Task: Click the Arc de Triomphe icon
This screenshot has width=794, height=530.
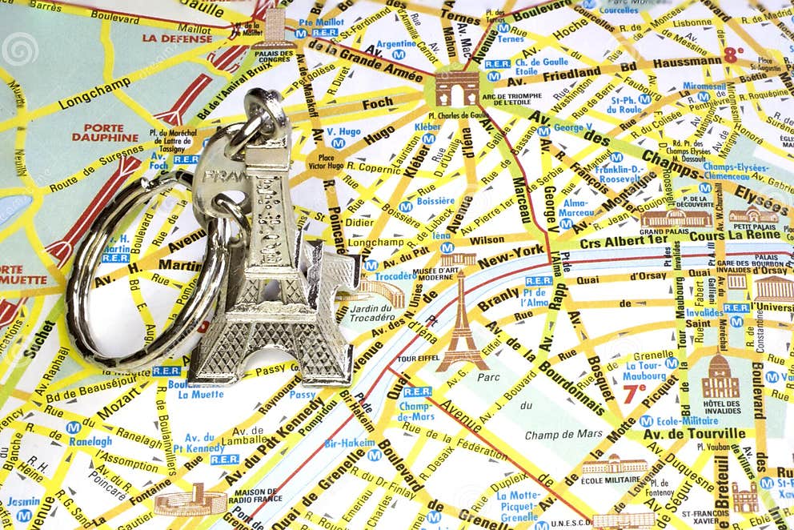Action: coord(457,87)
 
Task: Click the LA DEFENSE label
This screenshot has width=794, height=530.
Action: coord(177,38)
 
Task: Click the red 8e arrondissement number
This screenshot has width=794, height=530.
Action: coord(733,54)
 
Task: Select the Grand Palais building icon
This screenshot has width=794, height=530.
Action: coord(676,219)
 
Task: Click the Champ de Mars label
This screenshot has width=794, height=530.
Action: coord(563,435)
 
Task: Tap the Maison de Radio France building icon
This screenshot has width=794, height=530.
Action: coord(190,501)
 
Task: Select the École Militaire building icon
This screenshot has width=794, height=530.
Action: coord(615,465)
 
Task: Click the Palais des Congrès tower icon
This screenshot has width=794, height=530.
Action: coord(275,27)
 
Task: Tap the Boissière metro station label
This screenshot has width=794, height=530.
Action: coord(435,201)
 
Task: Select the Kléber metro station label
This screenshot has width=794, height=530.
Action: coord(427,126)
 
